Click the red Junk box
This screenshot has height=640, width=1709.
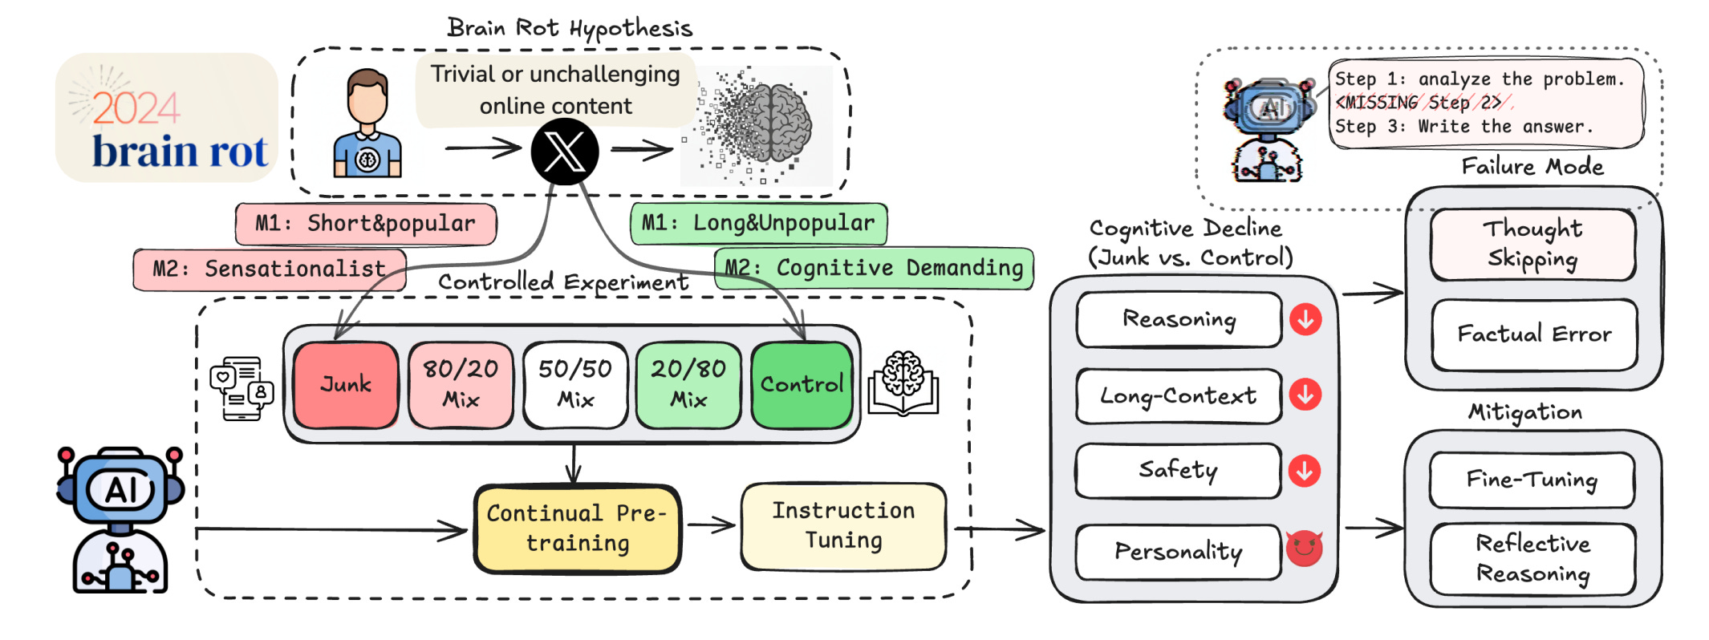coord(346,385)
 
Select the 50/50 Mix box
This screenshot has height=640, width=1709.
coord(574,385)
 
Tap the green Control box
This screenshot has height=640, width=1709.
coord(802,385)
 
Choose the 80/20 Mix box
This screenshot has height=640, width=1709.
coord(461,385)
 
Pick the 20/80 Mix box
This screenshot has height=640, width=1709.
coord(688,385)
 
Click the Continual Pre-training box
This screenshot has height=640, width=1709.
coord(577,529)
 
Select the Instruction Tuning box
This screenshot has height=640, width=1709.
coord(843,526)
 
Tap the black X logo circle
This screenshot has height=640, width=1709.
coord(565,151)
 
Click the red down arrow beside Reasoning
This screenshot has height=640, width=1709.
coord(1305,319)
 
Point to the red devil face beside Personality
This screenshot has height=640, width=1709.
coord(1304,549)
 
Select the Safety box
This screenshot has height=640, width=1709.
coord(1178,470)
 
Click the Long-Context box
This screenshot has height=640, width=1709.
coord(1178,396)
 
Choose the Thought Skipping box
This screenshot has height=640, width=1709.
coord(1532,244)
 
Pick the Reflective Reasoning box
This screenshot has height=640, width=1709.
coord(1532,559)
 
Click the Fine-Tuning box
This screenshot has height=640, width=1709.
coord(1532,480)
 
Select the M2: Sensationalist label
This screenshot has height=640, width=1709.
coord(270,269)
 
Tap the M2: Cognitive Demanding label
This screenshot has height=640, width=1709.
coord(874,268)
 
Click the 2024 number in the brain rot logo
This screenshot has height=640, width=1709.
coord(136,108)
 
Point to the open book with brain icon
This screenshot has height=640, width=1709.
coord(903,384)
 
